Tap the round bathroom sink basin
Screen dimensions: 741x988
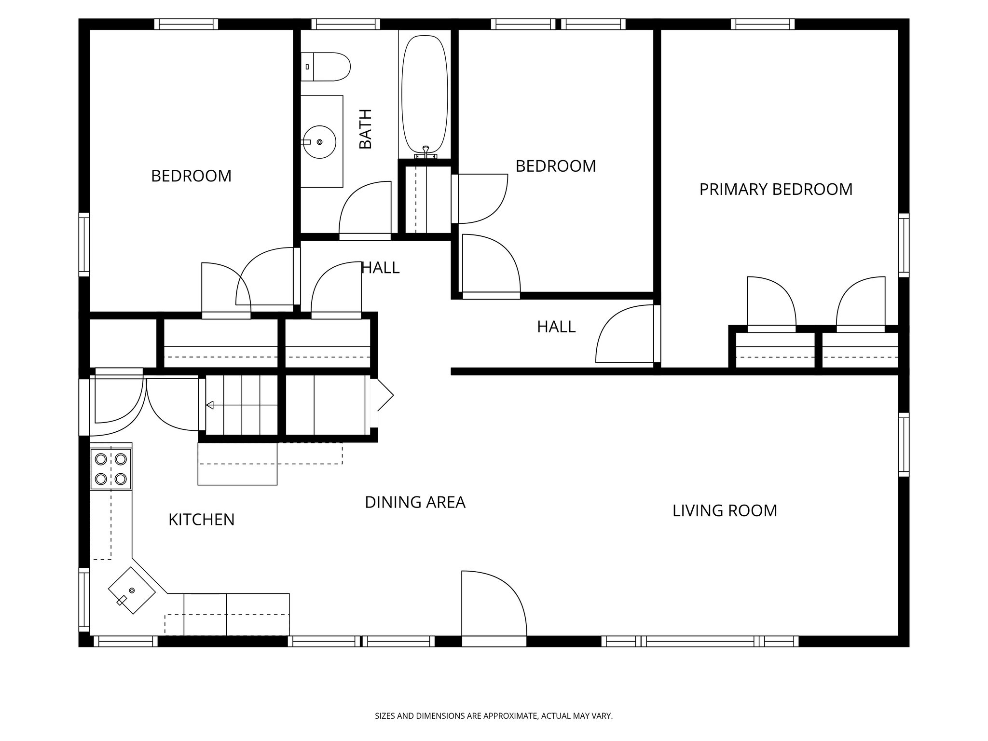click(319, 142)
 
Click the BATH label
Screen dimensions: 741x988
click(366, 129)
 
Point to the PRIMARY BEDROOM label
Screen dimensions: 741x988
click(776, 189)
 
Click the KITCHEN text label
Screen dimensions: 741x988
click(201, 520)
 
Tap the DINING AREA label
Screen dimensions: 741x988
click(415, 502)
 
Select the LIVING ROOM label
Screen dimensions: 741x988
click(725, 510)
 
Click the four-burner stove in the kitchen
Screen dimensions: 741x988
click(111, 469)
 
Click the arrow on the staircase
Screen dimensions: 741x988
click(210, 405)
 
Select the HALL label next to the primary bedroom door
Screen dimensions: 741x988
click(556, 327)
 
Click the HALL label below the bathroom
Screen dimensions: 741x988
click(381, 268)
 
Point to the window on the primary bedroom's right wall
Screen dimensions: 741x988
click(903, 245)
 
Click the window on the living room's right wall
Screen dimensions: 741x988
click(903, 444)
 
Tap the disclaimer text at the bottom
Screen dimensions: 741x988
click(494, 716)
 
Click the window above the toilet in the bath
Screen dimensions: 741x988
click(345, 24)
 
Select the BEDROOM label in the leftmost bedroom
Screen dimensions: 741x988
click(191, 176)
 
